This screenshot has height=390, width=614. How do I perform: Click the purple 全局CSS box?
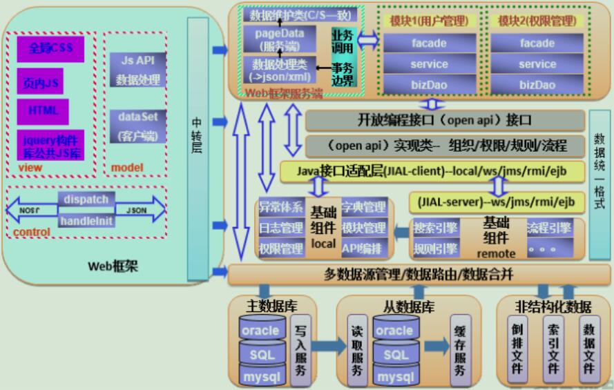click(50, 49)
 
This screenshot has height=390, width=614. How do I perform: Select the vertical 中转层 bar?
click(198, 138)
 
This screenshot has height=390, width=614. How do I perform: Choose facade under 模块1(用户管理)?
click(428, 43)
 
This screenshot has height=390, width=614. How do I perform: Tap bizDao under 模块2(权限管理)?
click(537, 85)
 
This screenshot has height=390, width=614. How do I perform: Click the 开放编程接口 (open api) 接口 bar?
click(435, 120)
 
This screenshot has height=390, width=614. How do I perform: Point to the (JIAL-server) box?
click(497, 203)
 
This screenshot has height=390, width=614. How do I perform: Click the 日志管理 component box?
click(281, 228)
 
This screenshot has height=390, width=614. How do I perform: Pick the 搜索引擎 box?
click(434, 228)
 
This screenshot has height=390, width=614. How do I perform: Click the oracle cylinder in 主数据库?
click(260, 330)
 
